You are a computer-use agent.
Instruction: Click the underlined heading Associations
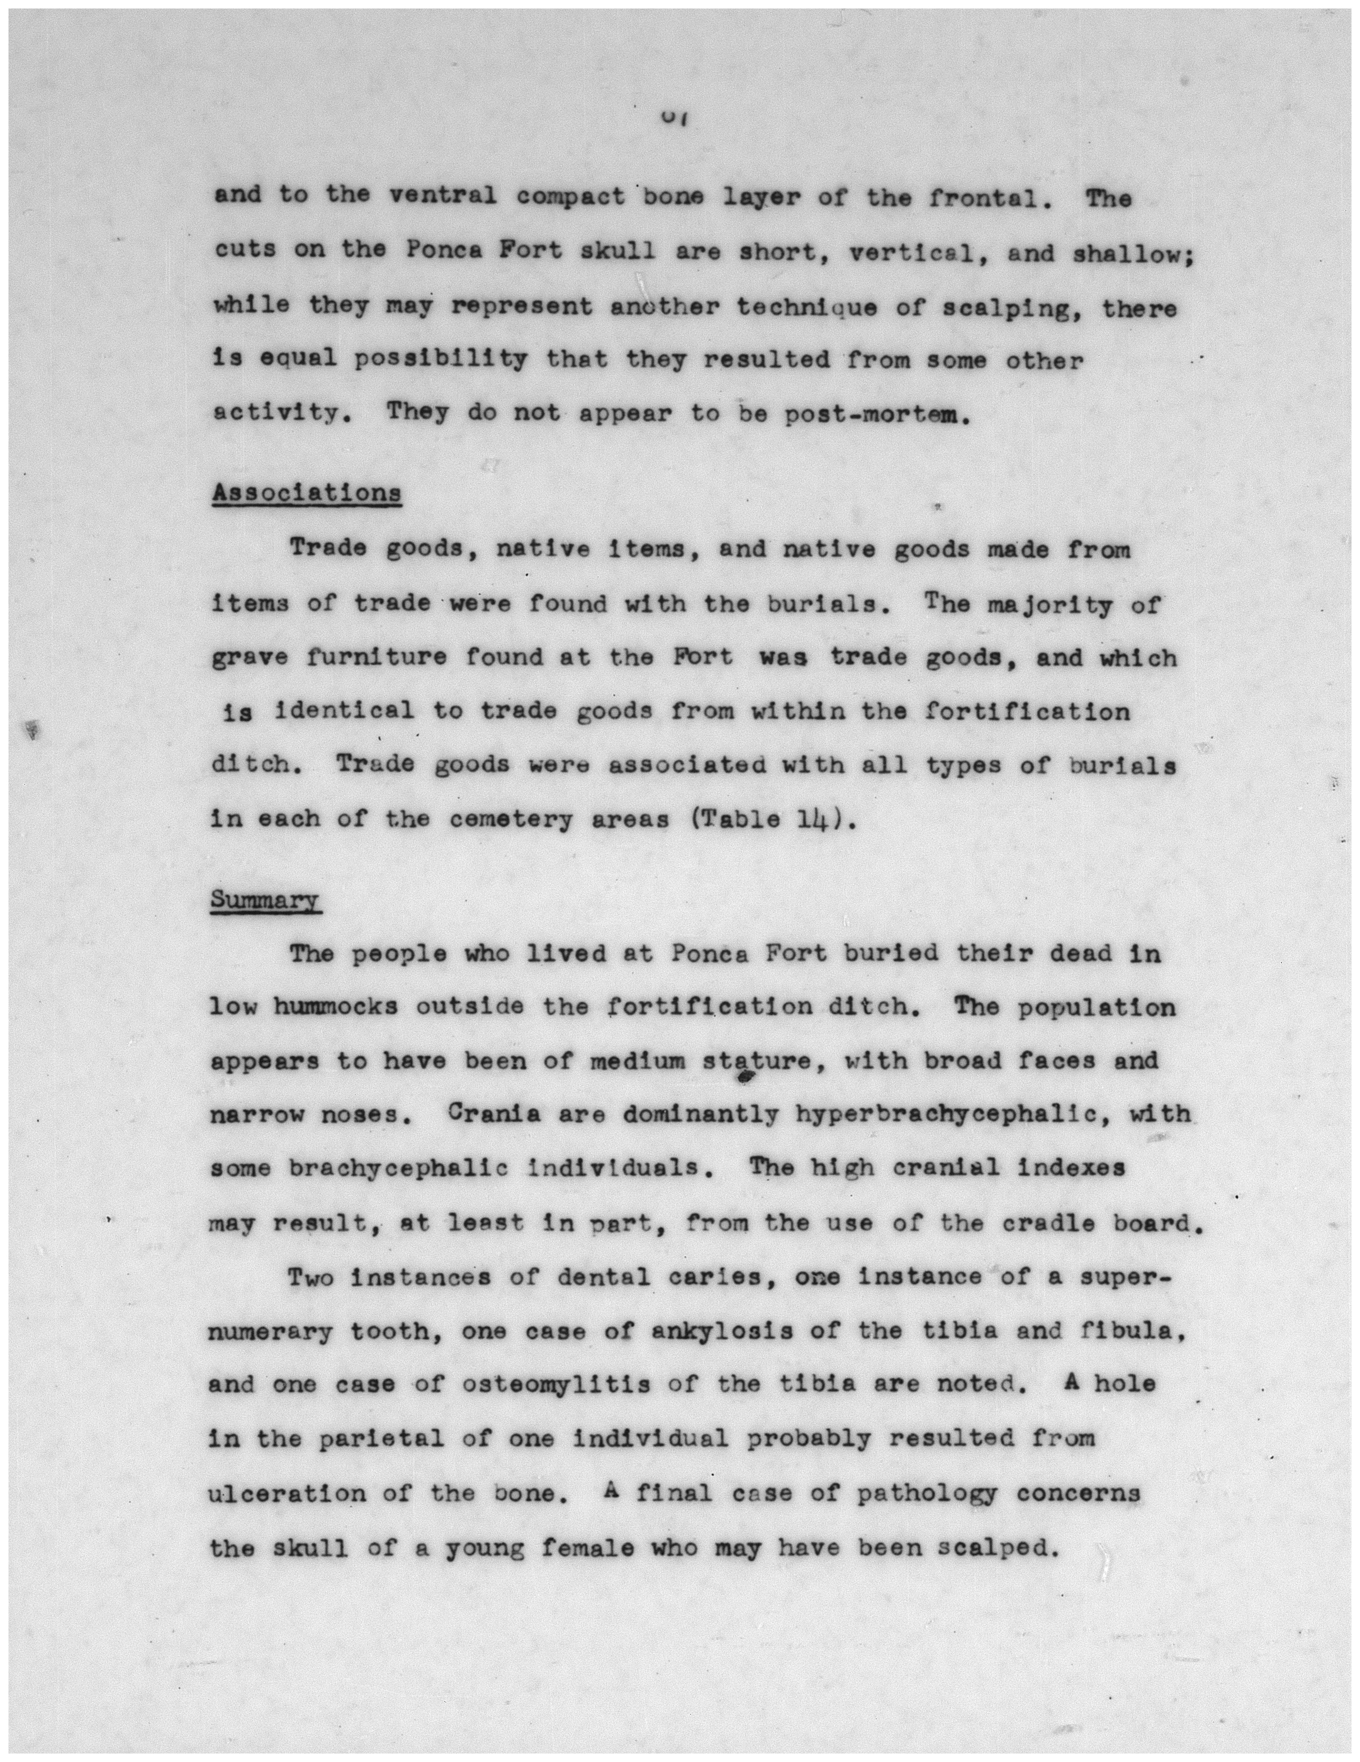(x=306, y=493)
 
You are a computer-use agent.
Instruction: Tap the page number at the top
(x=672, y=118)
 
